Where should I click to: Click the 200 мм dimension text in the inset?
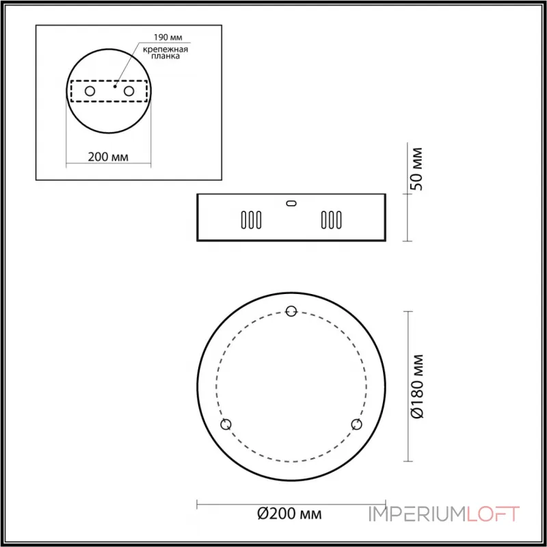[109, 156]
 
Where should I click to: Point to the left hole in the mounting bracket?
[89, 91]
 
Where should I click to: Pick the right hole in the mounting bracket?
[128, 91]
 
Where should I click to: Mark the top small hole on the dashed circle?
[291, 311]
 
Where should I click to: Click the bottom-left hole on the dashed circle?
[226, 425]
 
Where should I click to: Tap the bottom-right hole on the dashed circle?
[356, 425]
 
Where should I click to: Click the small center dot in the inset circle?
[116, 87]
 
